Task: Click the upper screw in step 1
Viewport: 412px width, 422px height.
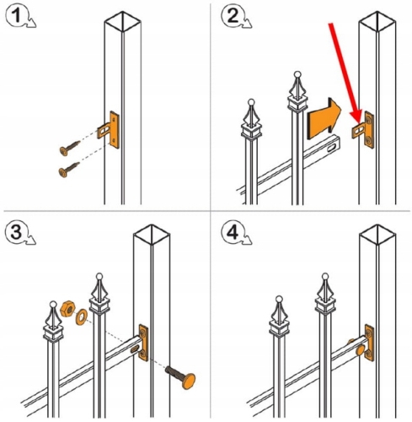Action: click(x=70, y=148)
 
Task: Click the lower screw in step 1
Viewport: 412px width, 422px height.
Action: click(x=69, y=170)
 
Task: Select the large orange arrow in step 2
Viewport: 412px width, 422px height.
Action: click(x=324, y=119)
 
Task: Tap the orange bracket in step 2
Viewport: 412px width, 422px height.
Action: click(x=363, y=130)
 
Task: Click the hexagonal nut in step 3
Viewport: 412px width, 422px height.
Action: click(x=67, y=309)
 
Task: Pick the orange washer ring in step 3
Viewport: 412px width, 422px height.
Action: click(x=82, y=317)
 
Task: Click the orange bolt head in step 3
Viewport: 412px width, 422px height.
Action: click(x=188, y=381)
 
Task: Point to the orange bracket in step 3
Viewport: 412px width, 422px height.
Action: click(x=143, y=343)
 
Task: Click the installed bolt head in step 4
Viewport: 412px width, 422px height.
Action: click(x=360, y=350)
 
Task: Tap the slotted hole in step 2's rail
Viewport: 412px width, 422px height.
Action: click(x=332, y=147)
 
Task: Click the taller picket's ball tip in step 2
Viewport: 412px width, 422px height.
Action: click(x=298, y=75)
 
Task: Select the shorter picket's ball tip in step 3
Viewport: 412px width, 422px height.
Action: click(x=53, y=304)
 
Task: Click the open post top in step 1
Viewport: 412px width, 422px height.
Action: click(x=122, y=21)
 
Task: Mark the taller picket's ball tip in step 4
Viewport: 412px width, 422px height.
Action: click(x=325, y=276)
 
